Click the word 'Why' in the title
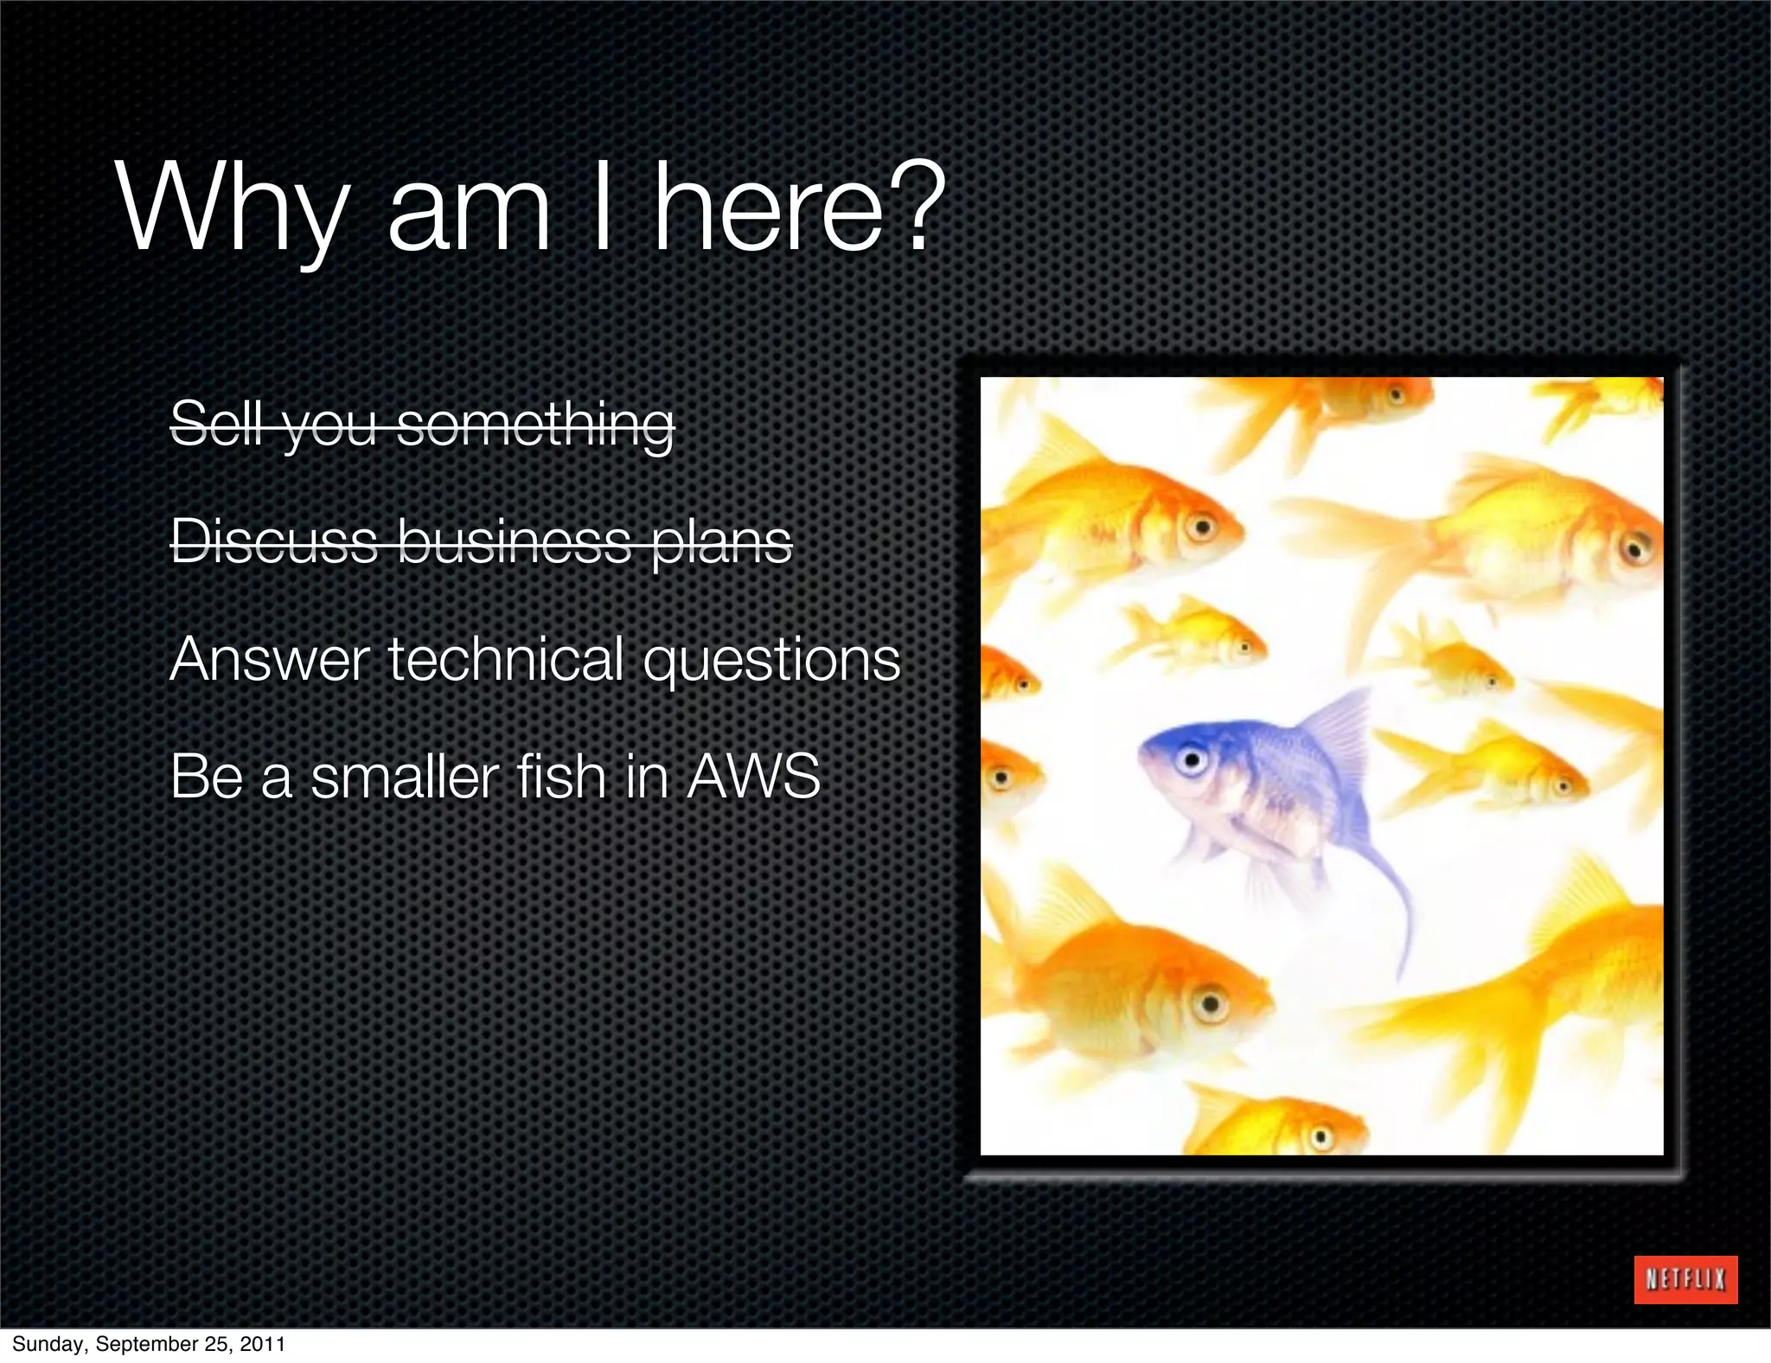(232, 210)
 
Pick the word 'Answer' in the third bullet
(269, 659)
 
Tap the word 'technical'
(507, 659)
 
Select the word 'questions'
(771, 661)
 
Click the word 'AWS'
(752, 776)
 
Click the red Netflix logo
(1685, 1279)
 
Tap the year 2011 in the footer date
(263, 1344)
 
